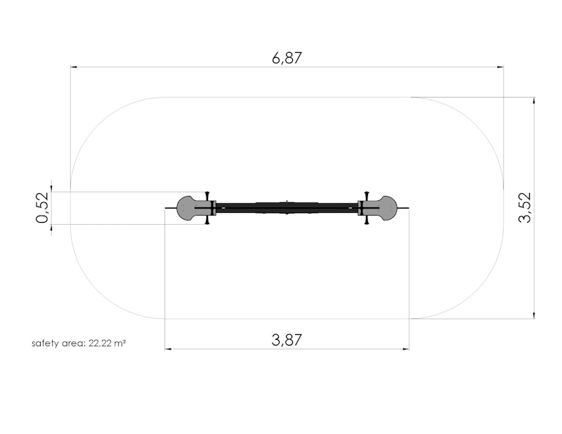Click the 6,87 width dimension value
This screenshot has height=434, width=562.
point(287,58)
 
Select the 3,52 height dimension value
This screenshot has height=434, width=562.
point(525,207)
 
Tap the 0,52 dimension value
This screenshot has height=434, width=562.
point(42,207)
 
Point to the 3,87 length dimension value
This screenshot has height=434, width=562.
point(287,340)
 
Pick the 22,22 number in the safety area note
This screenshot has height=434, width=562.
point(100,343)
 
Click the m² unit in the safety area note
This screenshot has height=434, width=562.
point(119,343)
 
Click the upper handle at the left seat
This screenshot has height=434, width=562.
point(207,196)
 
